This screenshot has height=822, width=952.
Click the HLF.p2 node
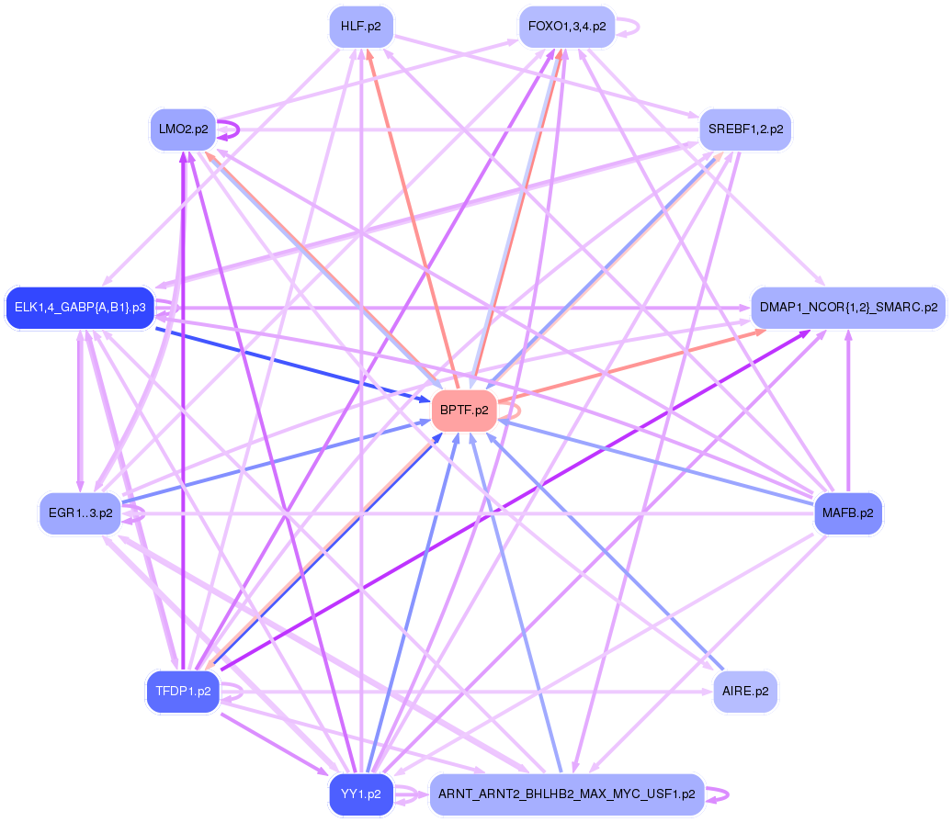(361, 27)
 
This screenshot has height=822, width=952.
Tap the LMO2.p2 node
(182, 129)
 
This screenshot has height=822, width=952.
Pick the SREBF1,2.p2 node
(745, 129)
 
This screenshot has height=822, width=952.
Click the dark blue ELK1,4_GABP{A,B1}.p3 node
(80, 308)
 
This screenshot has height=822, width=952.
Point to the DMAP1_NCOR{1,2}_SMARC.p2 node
(848, 308)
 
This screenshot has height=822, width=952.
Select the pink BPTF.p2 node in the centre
(464, 411)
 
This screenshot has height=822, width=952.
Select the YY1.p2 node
(361, 794)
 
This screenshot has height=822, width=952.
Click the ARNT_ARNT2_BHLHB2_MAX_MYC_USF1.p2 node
(566, 794)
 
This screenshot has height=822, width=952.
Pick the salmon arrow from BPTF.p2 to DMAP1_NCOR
(634, 365)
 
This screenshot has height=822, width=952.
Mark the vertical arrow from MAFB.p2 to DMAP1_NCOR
(848, 413)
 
